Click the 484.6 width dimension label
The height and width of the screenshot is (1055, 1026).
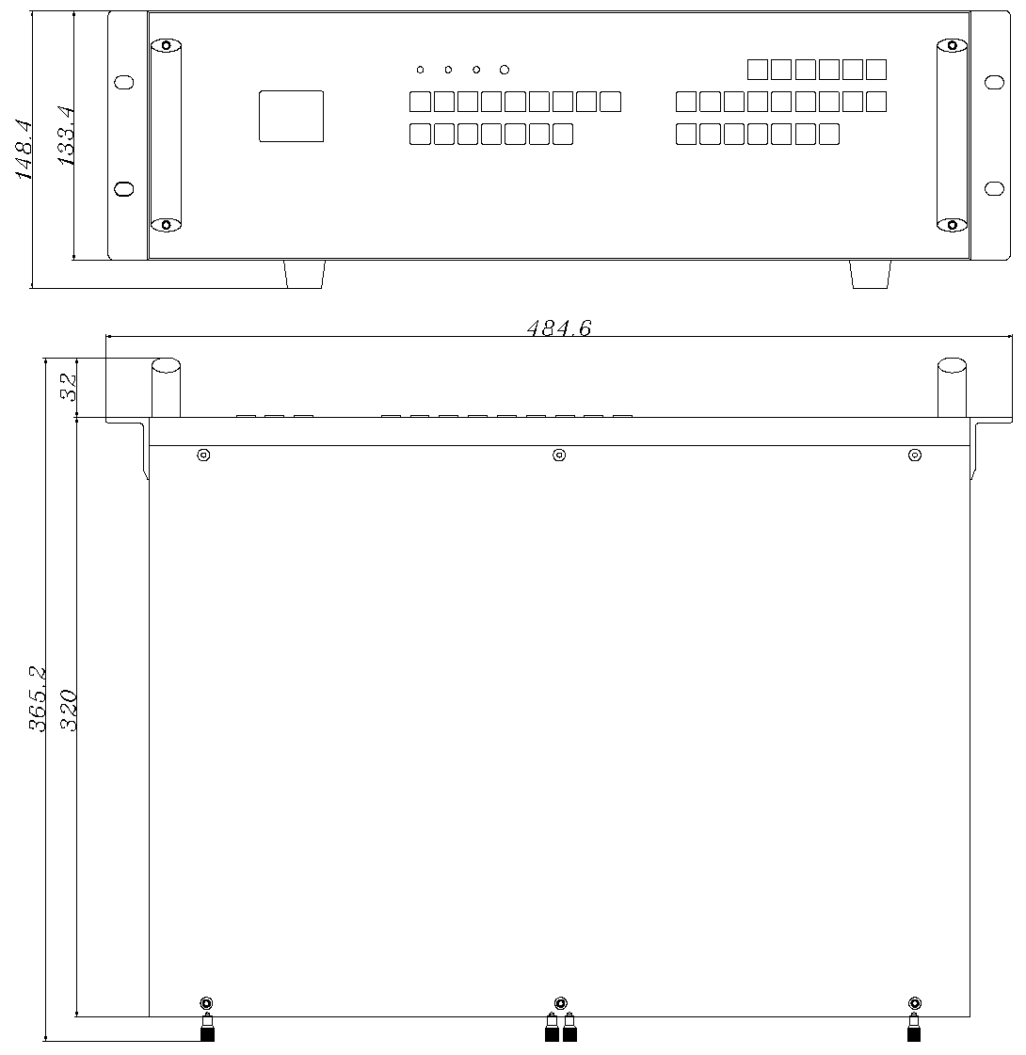pyautogui.click(x=558, y=328)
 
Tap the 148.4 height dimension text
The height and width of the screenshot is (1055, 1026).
pyautogui.click(x=24, y=150)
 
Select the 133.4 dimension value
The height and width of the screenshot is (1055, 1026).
pyautogui.click(x=66, y=136)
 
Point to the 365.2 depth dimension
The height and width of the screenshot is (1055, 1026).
pyautogui.click(x=37, y=698)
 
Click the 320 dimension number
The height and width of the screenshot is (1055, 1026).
pyautogui.click(x=69, y=710)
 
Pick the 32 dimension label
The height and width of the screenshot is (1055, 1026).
pyautogui.click(x=69, y=388)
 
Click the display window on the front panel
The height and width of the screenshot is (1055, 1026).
pyautogui.click(x=291, y=117)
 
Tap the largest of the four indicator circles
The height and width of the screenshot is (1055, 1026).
pyautogui.click(x=505, y=70)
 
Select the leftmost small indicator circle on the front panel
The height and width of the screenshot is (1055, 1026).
pyautogui.click(x=421, y=70)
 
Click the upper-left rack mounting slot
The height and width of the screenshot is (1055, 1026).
pyautogui.click(x=124, y=82)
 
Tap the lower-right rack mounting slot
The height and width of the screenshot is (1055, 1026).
pyautogui.click(x=994, y=188)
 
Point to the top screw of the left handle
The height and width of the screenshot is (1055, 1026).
pyautogui.click(x=167, y=46)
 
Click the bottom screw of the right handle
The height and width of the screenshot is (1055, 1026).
pyautogui.click(x=952, y=225)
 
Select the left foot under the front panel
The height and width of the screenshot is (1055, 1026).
pyautogui.click(x=305, y=275)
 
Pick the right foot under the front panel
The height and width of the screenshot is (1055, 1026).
pyautogui.click(x=871, y=275)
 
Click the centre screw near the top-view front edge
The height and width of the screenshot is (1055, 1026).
pyautogui.click(x=559, y=456)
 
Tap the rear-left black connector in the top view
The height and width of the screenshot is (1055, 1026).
pyautogui.click(x=207, y=1027)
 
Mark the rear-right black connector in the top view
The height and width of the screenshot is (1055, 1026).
pyautogui.click(x=914, y=1027)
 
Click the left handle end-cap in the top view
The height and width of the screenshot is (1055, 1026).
pyautogui.click(x=166, y=365)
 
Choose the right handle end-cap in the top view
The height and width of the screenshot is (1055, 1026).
pyautogui.click(x=952, y=365)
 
